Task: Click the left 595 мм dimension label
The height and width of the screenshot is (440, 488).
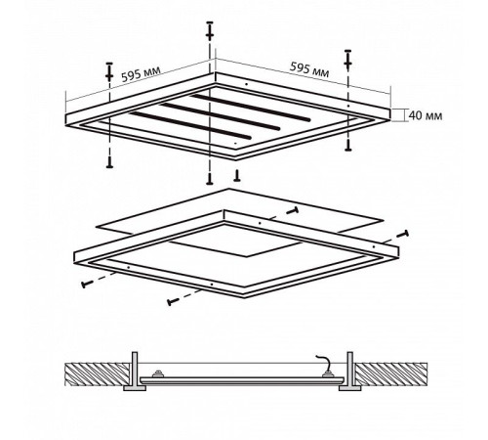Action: (x=141, y=74)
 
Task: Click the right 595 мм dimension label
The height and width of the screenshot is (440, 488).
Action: (x=309, y=70)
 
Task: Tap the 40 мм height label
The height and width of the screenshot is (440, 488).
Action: (x=426, y=115)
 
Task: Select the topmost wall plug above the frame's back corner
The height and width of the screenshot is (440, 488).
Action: (x=210, y=31)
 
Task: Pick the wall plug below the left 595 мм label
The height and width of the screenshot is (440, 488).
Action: (x=109, y=71)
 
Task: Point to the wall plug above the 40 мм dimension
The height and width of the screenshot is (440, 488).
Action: (x=348, y=60)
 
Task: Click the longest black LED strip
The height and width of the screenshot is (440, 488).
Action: (x=250, y=108)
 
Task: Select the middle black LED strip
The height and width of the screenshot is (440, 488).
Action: (x=220, y=116)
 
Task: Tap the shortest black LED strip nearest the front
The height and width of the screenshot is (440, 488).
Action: (x=190, y=126)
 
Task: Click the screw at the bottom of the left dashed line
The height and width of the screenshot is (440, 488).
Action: (x=109, y=161)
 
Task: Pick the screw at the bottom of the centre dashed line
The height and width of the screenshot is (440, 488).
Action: (x=210, y=179)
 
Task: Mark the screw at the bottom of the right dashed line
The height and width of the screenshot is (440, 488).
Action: (x=348, y=146)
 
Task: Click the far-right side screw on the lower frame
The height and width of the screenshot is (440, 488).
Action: (x=402, y=236)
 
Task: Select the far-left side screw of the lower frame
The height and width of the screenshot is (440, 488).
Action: (x=88, y=284)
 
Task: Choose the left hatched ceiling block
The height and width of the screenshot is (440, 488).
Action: (x=98, y=374)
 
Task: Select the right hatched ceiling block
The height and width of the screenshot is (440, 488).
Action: (x=390, y=374)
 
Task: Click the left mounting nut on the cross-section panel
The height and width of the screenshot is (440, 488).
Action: (x=158, y=374)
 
